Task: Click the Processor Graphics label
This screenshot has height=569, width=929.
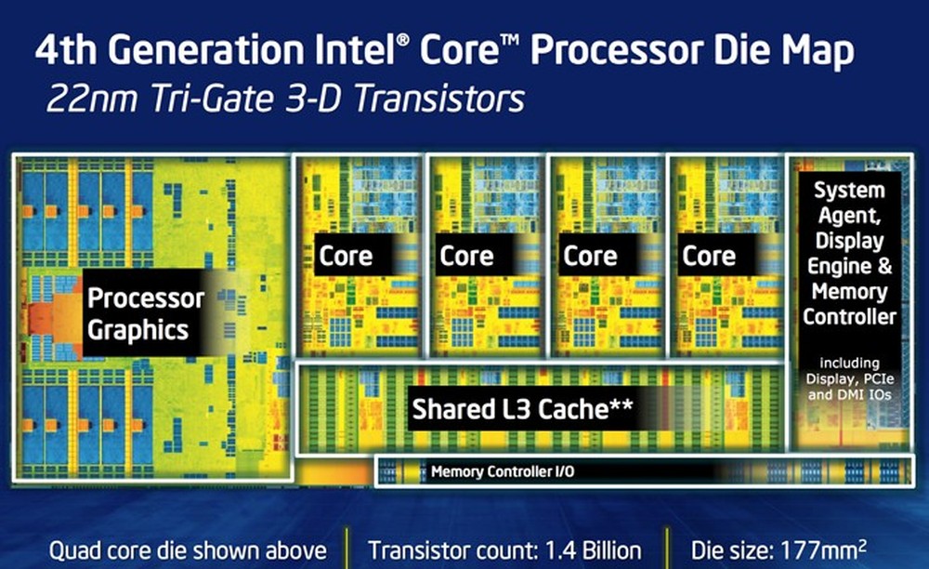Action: tap(144, 313)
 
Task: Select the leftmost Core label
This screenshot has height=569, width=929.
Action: tap(346, 256)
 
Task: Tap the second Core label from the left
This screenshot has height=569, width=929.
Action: tap(466, 256)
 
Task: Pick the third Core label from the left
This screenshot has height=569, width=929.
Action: tap(590, 256)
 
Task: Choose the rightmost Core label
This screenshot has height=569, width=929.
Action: tap(709, 256)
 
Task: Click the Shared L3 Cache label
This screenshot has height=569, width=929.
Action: tap(509, 409)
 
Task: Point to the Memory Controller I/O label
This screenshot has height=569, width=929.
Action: tap(503, 472)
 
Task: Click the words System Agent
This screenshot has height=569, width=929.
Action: tap(850, 203)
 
